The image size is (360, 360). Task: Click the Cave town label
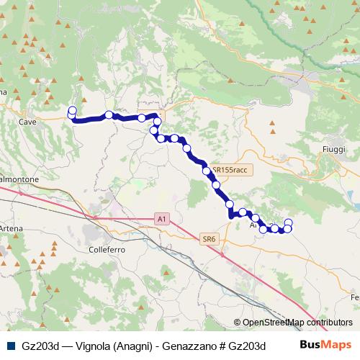click(28, 122)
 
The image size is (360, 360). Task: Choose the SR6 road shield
click(209, 238)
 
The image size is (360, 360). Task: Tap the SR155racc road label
click(230, 170)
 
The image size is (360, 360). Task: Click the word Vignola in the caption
click(89, 346)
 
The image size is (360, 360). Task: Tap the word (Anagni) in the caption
click(132, 346)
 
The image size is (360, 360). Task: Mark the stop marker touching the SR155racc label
click(207, 171)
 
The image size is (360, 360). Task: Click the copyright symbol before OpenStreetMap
click(237, 323)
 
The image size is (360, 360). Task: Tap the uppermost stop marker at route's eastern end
click(289, 222)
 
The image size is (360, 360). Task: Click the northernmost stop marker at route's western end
click(72, 109)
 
